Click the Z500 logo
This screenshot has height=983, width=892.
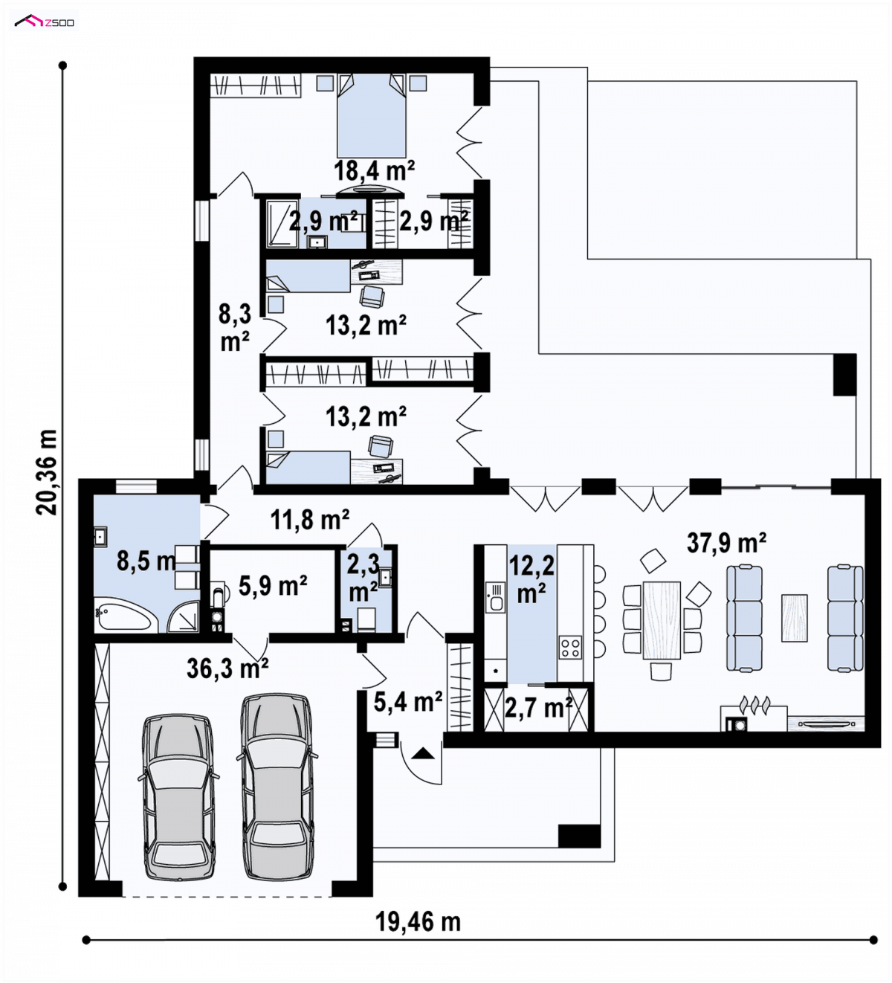click(45, 21)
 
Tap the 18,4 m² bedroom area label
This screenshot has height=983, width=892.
click(375, 170)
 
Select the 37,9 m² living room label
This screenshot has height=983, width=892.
click(726, 543)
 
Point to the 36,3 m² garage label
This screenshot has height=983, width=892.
click(227, 668)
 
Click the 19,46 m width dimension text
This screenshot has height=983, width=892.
click(418, 922)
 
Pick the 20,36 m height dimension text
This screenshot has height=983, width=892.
click(47, 472)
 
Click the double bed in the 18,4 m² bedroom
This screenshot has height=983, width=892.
click(372, 116)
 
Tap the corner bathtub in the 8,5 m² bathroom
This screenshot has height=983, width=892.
click(123, 613)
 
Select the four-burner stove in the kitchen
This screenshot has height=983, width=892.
click(570, 647)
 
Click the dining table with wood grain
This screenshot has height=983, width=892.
click(662, 620)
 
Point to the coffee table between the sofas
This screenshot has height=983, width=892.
click(794, 618)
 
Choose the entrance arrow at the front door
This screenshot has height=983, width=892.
click(423, 753)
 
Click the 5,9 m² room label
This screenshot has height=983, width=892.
click(273, 585)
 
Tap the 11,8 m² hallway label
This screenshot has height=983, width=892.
click(310, 520)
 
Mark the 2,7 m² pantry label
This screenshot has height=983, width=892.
click(538, 708)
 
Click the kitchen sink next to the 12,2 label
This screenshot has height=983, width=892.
click(495, 597)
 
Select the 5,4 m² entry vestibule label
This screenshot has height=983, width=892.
click(408, 702)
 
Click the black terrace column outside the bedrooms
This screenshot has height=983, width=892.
click(845, 374)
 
